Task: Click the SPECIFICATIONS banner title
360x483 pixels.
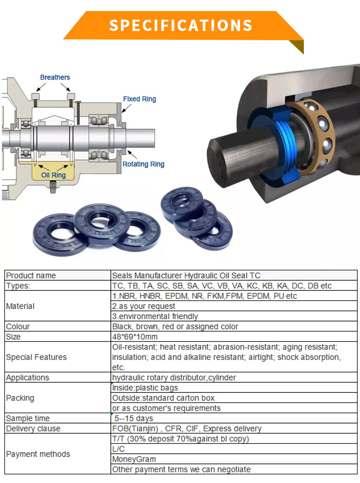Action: tap(181, 25)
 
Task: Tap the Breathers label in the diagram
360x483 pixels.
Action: tap(55, 77)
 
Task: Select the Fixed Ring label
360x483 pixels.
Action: tap(139, 99)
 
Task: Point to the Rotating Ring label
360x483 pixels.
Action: tap(144, 164)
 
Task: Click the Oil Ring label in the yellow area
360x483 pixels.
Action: tap(53, 175)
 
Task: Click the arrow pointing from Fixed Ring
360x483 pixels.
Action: tap(127, 108)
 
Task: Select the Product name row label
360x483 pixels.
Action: tap(31, 276)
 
